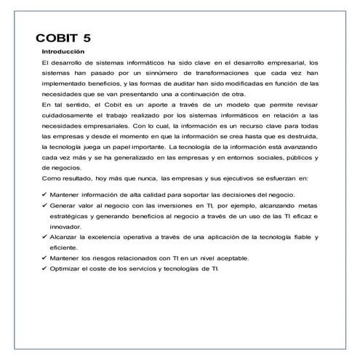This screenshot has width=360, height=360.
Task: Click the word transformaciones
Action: coord(244,73)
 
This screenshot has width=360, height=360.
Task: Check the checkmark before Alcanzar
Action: coord(45,236)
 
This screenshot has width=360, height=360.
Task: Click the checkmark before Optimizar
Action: coord(45,268)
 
